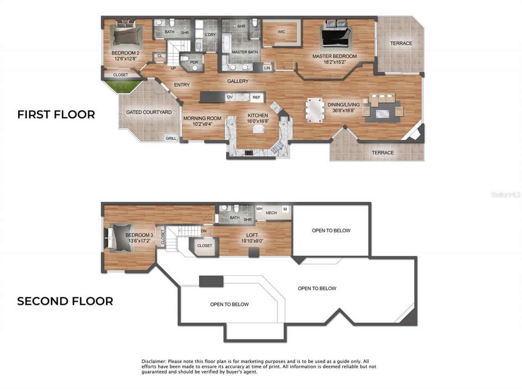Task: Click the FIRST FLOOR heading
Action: point(56,115)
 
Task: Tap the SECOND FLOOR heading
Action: point(65,301)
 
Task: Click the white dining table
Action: point(315,110)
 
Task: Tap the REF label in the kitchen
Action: point(256,97)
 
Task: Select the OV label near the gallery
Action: point(230,97)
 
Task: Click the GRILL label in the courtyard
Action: point(171,139)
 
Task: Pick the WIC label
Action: point(281,32)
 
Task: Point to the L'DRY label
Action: point(210,35)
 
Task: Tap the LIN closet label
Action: point(267,68)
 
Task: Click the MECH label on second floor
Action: point(271,213)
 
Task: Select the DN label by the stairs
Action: point(203,231)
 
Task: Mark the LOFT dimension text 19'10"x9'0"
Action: point(252,241)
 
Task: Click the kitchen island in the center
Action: point(258,129)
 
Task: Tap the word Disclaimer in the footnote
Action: point(153,362)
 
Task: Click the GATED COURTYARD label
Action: point(149,112)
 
